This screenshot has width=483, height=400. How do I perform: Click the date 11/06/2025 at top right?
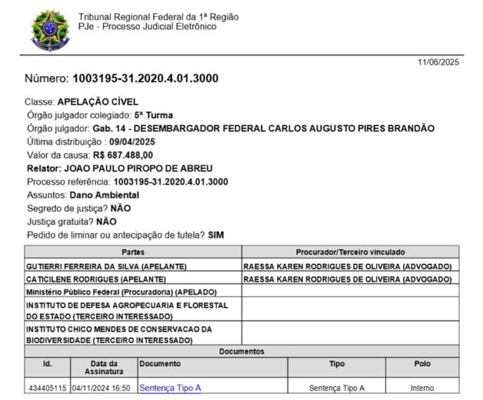[438, 63]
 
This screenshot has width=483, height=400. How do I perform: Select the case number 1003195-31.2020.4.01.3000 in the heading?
[145, 78]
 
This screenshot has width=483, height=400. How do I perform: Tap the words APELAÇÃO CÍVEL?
[98, 102]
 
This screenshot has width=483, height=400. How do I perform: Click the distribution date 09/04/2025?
[132, 141]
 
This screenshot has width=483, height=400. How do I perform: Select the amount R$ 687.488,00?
[123, 155]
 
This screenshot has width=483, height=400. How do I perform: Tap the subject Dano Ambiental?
[104, 195]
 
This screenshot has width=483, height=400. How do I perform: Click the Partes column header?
[133, 252]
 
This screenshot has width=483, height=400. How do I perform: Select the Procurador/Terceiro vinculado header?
[350, 252]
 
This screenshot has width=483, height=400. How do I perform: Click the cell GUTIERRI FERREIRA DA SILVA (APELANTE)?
[106, 265]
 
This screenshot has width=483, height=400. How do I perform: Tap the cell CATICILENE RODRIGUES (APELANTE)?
[96, 278]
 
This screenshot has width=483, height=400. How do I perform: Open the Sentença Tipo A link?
[170, 388]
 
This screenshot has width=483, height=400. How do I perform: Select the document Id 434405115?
[48, 388]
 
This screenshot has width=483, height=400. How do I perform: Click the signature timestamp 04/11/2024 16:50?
[101, 388]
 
